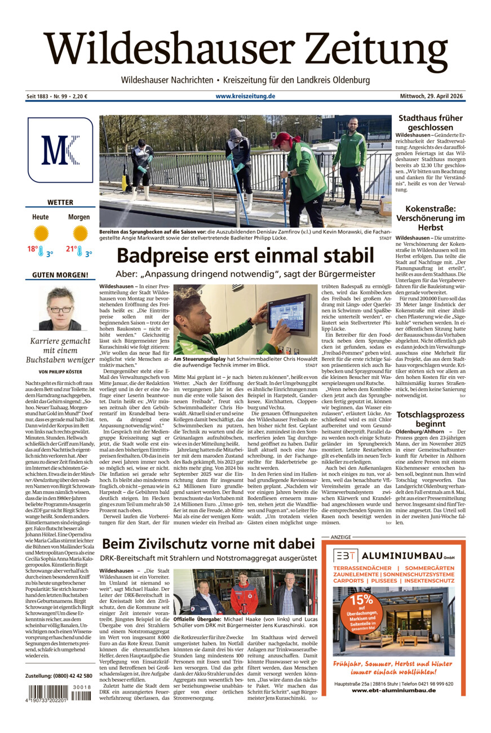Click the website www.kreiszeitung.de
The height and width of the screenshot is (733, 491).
point(245,96)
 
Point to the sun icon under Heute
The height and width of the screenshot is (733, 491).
point(41,232)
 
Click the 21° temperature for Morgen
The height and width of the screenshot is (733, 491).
point(72,249)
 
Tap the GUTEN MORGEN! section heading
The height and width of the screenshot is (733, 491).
point(60,275)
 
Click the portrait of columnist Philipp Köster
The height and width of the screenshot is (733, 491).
point(60,308)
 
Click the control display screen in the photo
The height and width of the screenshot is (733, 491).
point(288,312)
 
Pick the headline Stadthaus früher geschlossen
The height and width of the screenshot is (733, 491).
point(430,123)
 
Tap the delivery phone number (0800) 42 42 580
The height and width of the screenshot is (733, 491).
point(59,675)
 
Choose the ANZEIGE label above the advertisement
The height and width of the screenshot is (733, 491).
point(340,537)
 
